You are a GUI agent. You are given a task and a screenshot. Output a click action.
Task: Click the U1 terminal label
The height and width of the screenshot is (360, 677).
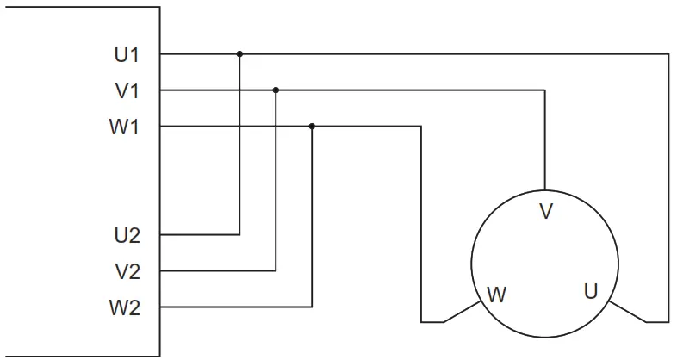(127, 54)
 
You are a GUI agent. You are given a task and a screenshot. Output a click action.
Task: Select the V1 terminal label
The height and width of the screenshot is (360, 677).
(127, 90)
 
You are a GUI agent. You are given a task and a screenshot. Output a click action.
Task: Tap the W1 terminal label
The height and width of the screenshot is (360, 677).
(125, 127)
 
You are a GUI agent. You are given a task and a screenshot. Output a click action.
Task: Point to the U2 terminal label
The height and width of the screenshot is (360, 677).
(127, 234)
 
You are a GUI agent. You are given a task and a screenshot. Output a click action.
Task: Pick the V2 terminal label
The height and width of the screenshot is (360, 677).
(127, 271)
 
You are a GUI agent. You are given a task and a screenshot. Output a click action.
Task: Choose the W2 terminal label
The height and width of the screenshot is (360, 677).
(125, 307)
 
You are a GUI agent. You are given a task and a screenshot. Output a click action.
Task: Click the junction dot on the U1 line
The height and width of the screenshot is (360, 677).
(239, 53)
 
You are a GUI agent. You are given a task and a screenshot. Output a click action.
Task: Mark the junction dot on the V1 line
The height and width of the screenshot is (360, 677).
(276, 90)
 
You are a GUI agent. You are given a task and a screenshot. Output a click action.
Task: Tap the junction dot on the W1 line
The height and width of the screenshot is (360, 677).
(312, 127)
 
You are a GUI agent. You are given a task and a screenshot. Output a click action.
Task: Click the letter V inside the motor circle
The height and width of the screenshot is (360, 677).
(544, 210)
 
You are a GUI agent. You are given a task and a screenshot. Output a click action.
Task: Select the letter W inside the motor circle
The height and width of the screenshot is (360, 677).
(497, 294)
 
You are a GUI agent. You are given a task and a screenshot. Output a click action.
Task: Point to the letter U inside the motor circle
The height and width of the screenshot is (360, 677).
(590, 291)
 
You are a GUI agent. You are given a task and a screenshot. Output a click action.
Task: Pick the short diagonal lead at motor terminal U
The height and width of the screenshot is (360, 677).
(626, 313)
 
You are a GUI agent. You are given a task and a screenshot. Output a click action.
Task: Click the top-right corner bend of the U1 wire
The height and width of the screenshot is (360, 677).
(668, 53)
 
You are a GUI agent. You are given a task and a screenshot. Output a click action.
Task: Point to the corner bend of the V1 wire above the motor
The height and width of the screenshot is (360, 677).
(544, 90)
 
